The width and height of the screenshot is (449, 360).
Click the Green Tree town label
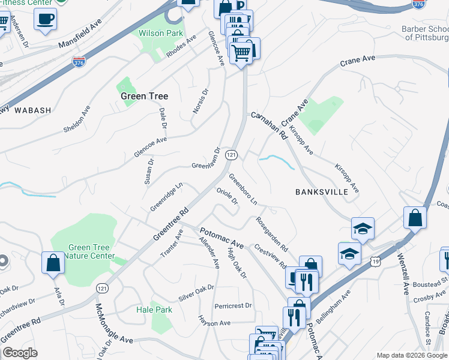[x=144, y=96]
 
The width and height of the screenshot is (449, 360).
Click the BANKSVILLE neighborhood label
[x=322, y=192]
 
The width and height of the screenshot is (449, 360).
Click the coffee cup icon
[x=45, y=20]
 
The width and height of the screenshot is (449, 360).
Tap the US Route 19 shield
[x=376, y=261]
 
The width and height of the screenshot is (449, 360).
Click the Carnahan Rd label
[x=270, y=126]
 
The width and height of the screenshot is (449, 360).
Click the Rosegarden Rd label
[x=272, y=235]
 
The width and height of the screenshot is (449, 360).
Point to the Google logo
[x=20, y=353]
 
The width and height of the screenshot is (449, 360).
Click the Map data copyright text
[x=411, y=355]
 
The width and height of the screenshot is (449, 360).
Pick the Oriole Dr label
[x=228, y=197]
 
